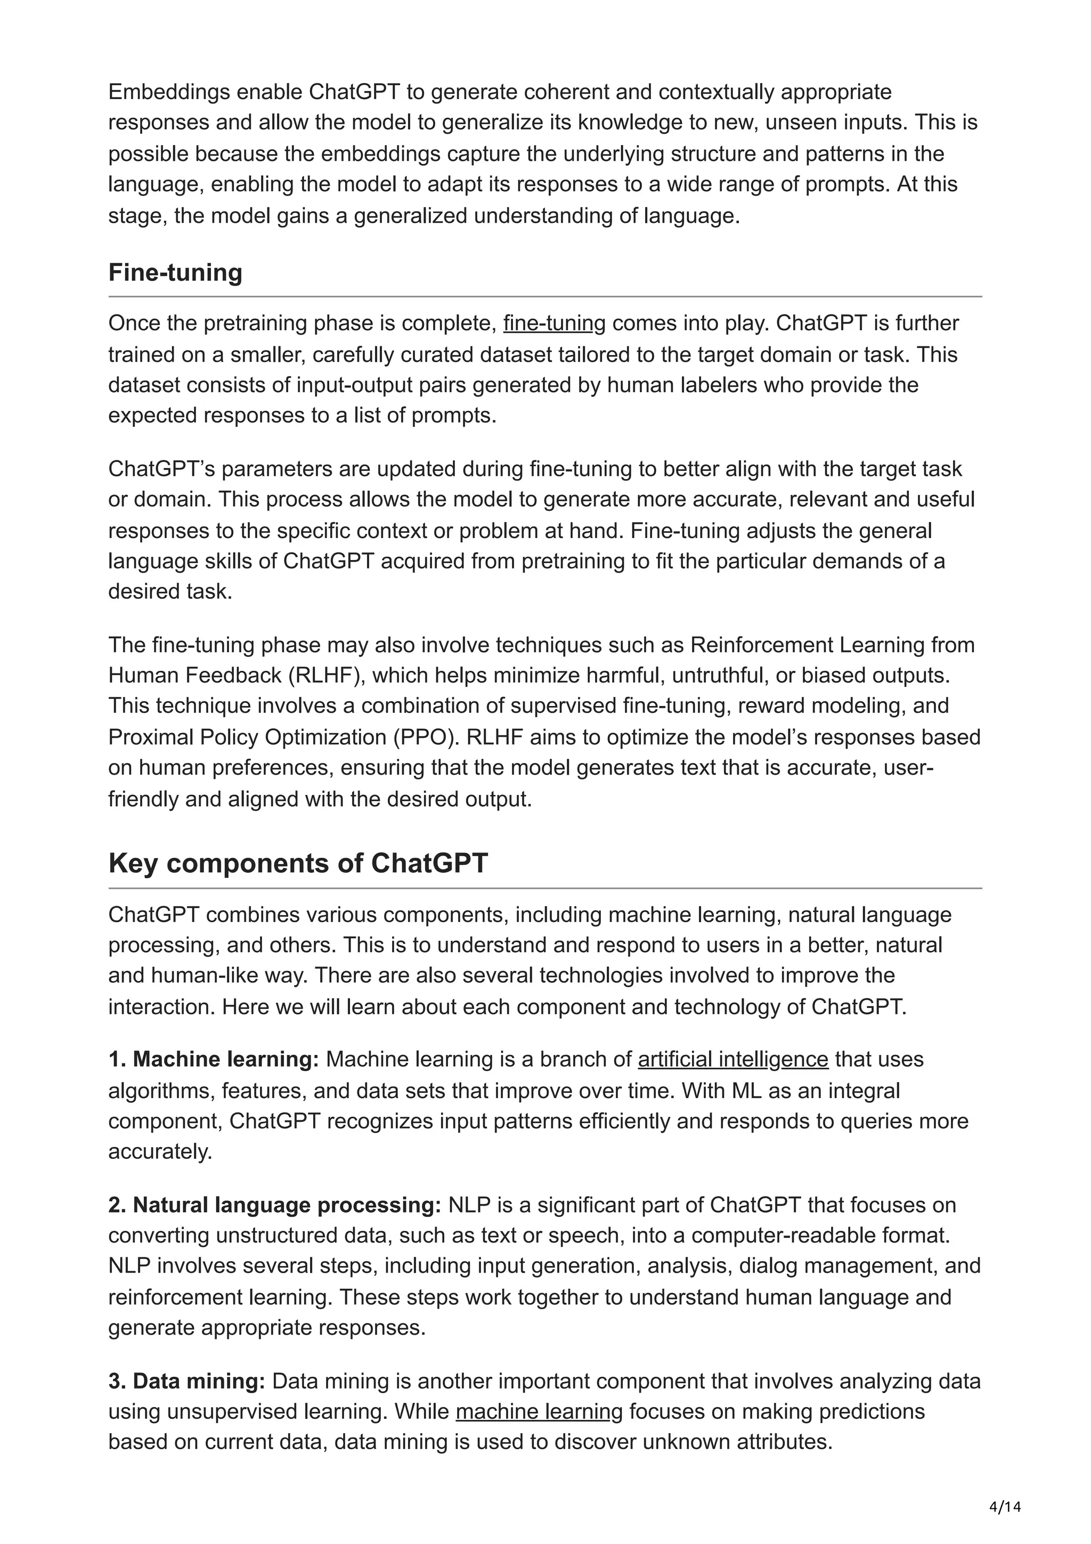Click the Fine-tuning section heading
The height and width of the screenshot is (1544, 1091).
(x=175, y=272)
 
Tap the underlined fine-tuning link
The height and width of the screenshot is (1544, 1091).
(x=554, y=323)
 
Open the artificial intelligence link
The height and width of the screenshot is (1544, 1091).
(x=732, y=1059)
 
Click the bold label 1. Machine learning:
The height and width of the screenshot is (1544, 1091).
(x=214, y=1059)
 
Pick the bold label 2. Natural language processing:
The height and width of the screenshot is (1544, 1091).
(x=274, y=1205)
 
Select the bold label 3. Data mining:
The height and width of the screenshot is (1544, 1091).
(x=187, y=1382)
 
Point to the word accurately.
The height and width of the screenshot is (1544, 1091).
(x=160, y=1151)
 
